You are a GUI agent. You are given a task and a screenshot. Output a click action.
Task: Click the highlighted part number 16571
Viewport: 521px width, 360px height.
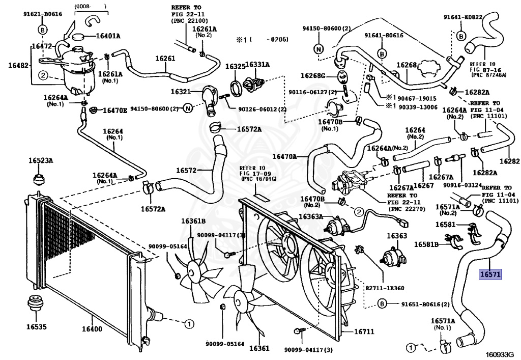tap(490, 274)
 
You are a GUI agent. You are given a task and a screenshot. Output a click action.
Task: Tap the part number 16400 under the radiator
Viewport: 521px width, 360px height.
tap(92, 329)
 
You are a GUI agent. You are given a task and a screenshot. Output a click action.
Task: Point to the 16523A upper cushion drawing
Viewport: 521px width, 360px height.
tap(40, 179)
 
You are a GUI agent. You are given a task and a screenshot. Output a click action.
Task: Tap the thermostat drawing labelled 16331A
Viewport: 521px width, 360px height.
tap(253, 84)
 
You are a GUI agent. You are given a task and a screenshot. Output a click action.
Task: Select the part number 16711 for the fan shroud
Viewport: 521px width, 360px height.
tap(364, 331)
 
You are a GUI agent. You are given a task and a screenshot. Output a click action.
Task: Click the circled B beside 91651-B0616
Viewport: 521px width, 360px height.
tap(382, 303)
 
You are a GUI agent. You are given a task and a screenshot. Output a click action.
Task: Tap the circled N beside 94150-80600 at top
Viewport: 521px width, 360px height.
tap(319, 49)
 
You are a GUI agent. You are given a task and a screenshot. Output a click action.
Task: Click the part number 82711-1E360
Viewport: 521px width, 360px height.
tap(385, 288)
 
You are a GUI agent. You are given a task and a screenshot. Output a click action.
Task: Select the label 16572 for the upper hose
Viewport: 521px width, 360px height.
tap(186, 171)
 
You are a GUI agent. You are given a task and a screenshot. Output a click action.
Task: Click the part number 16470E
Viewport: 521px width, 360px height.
tap(115, 110)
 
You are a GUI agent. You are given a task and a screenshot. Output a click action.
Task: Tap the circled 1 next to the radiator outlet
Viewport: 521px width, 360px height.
tap(189, 323)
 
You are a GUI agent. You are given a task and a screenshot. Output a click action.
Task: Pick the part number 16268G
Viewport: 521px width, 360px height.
tap(313, 76)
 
